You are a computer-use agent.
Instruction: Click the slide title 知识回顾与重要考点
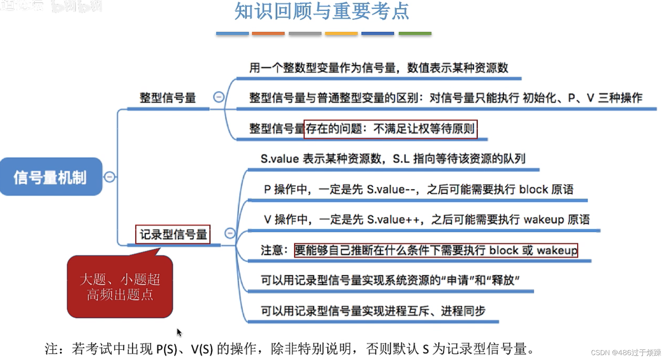pyautogui.click(x=322, y=11)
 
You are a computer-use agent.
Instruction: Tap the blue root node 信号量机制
pyautogui.click(x=51, y=177)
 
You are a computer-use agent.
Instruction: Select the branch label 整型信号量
pyautogui.click(x=168, y=98)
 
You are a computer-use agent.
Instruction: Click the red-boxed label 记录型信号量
pyautogui.click(x=173, y=235)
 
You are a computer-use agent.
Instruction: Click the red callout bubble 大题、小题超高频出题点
pyautogui.click(x=120, y=287)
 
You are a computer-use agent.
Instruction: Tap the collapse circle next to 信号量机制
pyautogui.click(x=109, y=177)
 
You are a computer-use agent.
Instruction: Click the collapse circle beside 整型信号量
pyautogui.click(x=219, y=97)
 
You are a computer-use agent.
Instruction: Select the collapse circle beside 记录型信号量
pyautogui.click(x=230, y=233)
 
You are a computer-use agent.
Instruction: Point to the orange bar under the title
pyautogui.click(x=268, y=34)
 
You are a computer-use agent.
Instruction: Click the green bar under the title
pyautogui.click(x=415, y=34)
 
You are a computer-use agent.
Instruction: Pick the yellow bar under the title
pyautogui.click(x=341, y=34)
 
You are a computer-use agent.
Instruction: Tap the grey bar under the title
pyautogui.click(x=305, y=34)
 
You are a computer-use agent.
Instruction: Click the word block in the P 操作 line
pyautogui.click(x=534, y=189)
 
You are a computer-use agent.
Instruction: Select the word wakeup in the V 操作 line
pyautogui.click(x=543, y=219)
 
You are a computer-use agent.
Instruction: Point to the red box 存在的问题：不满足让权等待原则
pyautogui.click(x=390, y=129)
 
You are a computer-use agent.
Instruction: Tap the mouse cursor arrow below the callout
pyautogui.click(x=179, y=332)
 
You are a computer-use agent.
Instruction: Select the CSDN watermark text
pyautogui.click(x=626, y=353)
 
